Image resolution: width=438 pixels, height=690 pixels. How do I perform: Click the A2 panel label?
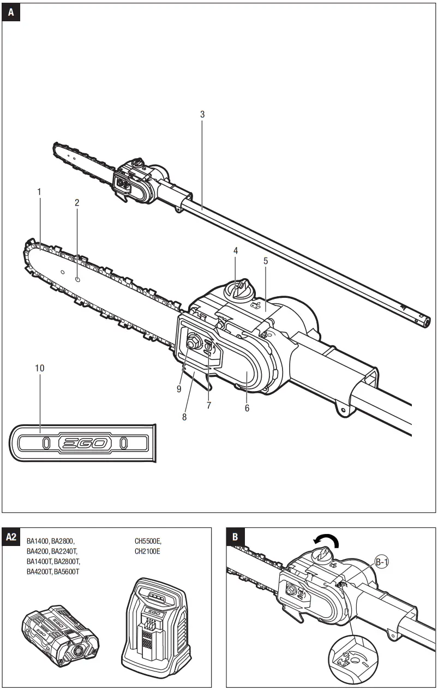click(11, 537)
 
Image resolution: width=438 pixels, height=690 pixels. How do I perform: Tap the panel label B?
click(235, 537)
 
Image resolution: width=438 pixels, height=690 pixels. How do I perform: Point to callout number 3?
click(202, 115)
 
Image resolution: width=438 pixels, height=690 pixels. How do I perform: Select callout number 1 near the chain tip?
click(39, 192)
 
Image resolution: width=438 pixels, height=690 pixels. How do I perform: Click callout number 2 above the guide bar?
click(77, 202)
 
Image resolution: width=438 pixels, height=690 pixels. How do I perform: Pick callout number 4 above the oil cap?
click(236, 251)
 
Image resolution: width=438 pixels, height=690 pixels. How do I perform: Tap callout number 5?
click(266, 261)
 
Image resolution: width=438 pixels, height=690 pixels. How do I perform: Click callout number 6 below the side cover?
click(247, 408)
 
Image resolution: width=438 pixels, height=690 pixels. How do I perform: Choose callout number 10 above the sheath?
click(40, 368)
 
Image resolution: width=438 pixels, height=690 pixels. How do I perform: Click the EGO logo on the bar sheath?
click(84, 443)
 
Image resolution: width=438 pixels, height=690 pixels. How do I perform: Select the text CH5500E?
click(148, 541)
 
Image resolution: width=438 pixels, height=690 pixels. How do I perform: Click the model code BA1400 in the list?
click(38, 541)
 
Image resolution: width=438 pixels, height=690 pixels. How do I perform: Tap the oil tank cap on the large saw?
click(238, 289)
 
